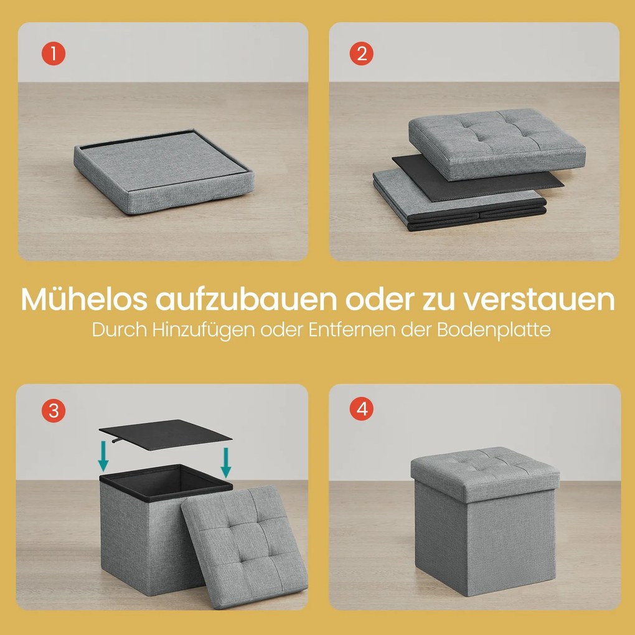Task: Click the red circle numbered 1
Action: [54, 54]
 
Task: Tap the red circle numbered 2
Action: [362, 54]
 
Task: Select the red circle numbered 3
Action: [54, 411]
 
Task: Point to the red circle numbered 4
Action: [362, 408]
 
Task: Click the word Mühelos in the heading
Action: [84, 299]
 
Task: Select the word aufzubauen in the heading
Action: [247, 299]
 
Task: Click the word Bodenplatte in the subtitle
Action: [494, 330]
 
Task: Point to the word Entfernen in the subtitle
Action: [352, 330]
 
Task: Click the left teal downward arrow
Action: [103, 456]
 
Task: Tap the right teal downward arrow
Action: [226, 463]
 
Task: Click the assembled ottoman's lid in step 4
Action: [485, 473]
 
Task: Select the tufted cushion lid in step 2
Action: [497, 144]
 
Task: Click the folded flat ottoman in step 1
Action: [164, 171]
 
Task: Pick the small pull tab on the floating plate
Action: [116, 440]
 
